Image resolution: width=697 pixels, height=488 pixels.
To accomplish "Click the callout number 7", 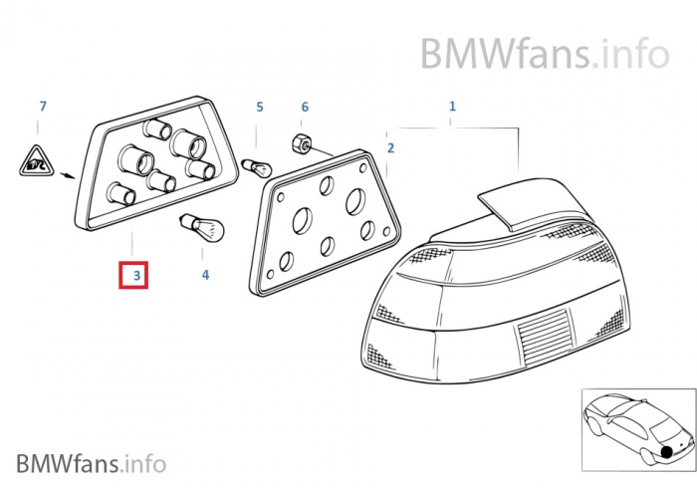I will (x=43, y=107).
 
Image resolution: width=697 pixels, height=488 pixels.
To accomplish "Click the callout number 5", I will (x=259, y=107).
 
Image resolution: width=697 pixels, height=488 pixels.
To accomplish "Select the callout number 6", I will (x=305, y=107).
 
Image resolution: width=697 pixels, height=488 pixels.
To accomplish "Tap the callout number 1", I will (x=452, y=106).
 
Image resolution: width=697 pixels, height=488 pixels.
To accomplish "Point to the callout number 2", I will (x=390, y=148).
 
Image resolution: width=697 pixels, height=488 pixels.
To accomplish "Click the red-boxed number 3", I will (x=133, y=274).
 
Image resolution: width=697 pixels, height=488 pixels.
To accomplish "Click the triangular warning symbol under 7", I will (x=36, y=162).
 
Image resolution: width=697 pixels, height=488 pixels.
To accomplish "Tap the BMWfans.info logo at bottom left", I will (x=92, y=463).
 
